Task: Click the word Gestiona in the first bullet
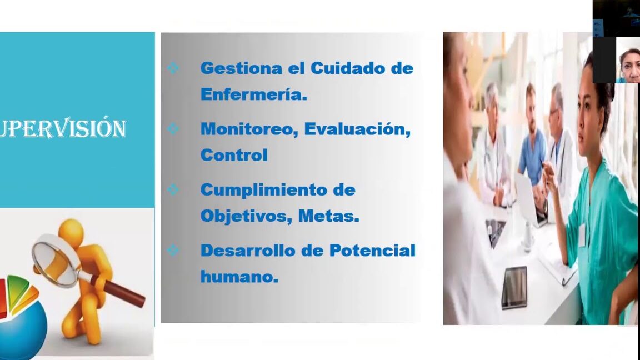(241, 68)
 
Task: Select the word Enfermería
(253, 94)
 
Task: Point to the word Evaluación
(357, 129)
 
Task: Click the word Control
(234, 155)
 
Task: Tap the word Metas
(328, 216)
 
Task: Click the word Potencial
(372, 250)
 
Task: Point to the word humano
(239, 277)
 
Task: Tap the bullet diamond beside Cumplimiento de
(173, 189)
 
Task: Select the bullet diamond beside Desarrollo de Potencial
(173, 250)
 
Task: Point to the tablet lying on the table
(514, 287)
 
